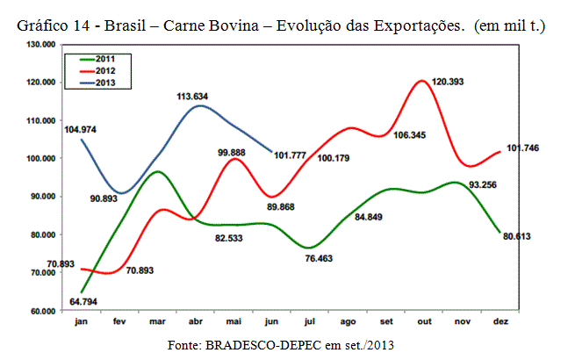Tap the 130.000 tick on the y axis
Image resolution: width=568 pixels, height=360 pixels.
(40, 43)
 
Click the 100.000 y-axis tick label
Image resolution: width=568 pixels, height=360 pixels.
(40, 158)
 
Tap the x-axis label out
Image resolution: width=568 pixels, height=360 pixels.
(423, 323)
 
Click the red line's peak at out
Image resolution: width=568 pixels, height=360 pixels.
(422, 81)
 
